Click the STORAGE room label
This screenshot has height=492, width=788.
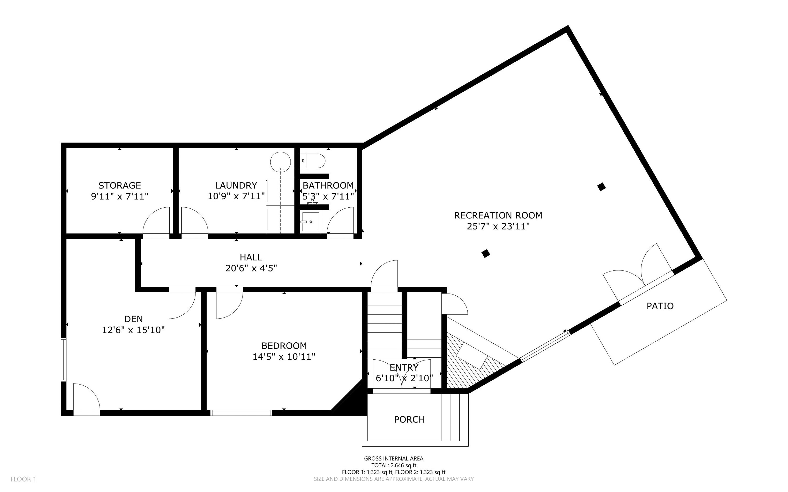coord(120,185)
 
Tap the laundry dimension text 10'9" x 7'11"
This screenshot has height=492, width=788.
coord(236,196)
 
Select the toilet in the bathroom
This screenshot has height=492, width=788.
coord(313,161)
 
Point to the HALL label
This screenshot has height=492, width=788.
coord(251,257)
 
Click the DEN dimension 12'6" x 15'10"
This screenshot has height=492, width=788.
coord(133,330)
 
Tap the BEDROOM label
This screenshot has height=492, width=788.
coord(284,346)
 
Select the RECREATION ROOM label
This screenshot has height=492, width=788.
coord(498,215)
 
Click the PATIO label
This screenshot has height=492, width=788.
coord(660,306)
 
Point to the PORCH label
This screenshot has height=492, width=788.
coord(409,420)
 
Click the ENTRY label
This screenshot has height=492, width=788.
coord(404,367)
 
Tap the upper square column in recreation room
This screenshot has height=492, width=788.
coord(602,187)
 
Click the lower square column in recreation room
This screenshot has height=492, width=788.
coord(486,253)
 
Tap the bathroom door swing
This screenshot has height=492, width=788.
coord(340,221)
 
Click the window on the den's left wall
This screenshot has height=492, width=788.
coord(64,360)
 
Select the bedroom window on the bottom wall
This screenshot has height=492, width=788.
coord(241,413)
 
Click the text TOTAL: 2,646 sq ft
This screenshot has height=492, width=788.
coord(393,465)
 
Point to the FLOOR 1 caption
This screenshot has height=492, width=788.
coord(23,479)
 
